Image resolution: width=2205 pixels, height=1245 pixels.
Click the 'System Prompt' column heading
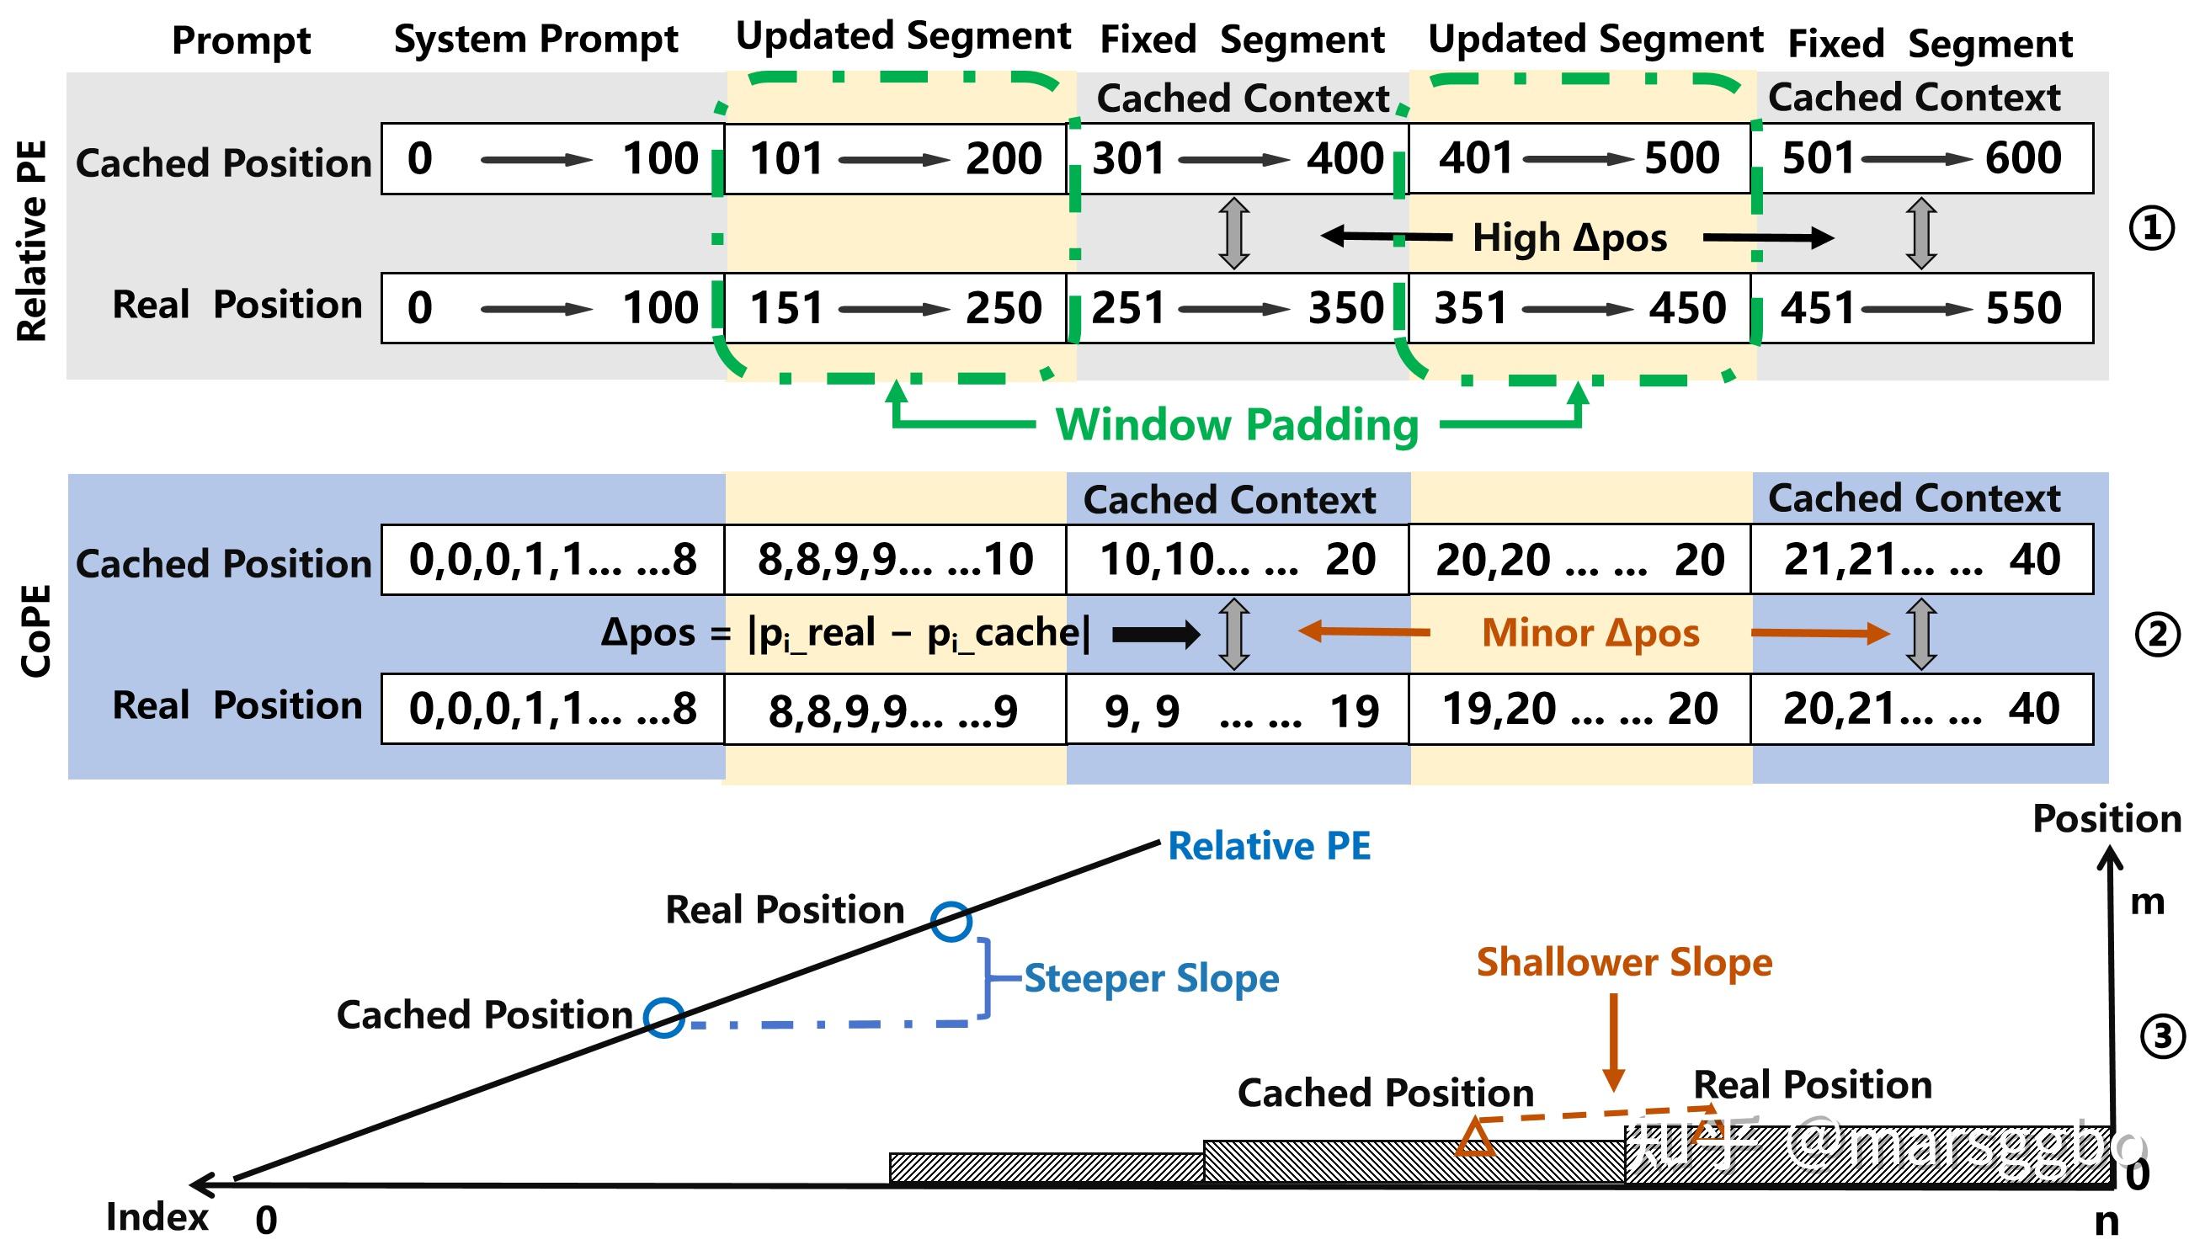(x=535, y=40)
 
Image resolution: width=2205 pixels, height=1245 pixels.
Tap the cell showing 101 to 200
(x=895, y=158)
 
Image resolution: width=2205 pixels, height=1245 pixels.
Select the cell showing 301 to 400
(x=1238, y=158)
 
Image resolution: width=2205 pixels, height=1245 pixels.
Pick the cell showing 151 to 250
(x=895, y=308)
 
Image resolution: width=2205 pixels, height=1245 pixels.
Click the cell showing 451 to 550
(x=1922, y=308)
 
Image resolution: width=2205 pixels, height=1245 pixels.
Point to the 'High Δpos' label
(x=1570, y=238)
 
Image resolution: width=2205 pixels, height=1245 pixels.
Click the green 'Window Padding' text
(x=1237, y=424)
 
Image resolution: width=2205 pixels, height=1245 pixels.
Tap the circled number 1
(x=2151, y=228)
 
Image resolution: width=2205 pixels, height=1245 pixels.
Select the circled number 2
(x=2156, y=636)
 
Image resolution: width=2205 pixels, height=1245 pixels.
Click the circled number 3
(x=2162, y=1037)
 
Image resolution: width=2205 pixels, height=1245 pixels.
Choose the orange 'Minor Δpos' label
(x=1590, y=633)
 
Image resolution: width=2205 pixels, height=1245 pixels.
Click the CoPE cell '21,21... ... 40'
(x=1922, y=560)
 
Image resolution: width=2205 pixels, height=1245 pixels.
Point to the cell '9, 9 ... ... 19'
(x=1238, y=710)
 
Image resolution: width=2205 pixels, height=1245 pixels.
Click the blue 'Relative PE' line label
(x=1270, y=846)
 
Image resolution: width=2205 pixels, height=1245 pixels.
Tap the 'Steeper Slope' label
(x=1151, y=978)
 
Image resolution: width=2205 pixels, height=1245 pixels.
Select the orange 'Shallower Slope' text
(x=1625, y=963)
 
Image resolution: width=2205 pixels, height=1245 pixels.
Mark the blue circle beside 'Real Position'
(x=951, y=922)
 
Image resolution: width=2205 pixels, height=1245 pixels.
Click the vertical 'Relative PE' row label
(x=32, y=241)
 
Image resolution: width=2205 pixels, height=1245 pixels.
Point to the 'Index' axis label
(x=157, y=1216)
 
